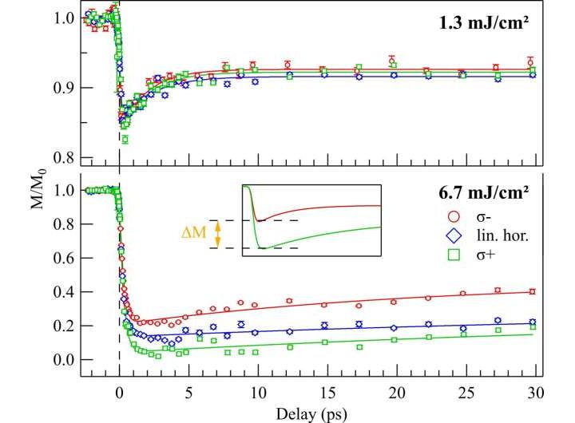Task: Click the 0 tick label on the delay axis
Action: [119, 393]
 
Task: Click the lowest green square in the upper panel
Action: [125, 140]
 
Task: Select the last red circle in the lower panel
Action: [532, 291]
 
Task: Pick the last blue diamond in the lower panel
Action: [532, 323]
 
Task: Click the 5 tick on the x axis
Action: [188, 393]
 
